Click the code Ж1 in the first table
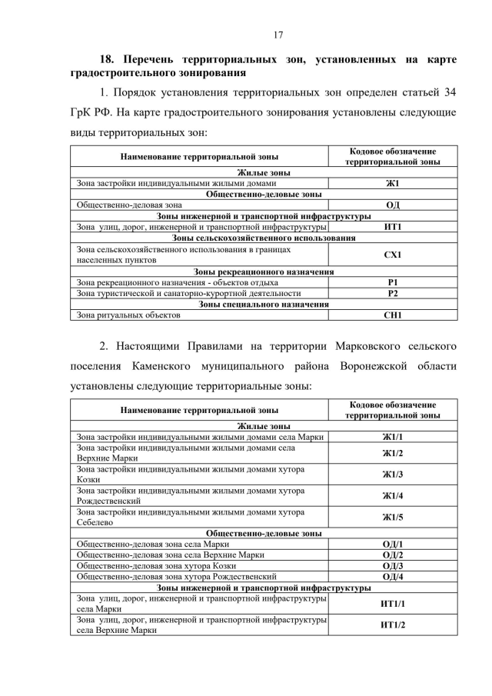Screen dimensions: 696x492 click(x=392, y=184)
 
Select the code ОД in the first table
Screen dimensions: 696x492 click(x=392, y=205)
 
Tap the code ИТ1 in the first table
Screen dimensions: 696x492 click(x=392, y=227)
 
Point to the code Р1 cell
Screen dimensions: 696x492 click(x=392, y=282)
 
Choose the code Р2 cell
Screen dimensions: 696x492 click(x=392, y=293)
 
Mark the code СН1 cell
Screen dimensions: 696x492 click(x=392, y=315)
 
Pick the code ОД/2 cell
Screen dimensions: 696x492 click(x=392, y=554)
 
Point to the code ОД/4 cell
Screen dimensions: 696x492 click(x=392, y=576)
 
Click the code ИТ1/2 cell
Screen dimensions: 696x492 click(x=392, y=624)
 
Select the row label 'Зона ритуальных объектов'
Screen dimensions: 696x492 click(x=128, y=315)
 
